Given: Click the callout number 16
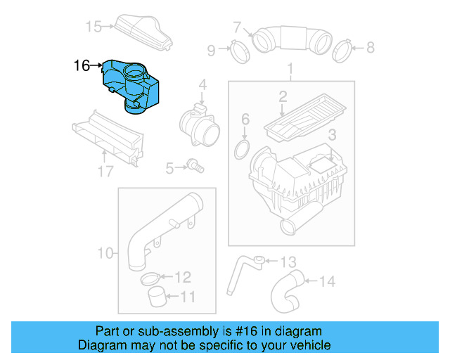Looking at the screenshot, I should pyautogui.click(x=82, y=66).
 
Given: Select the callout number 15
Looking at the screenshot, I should pyautogui.click(x=94, y=27).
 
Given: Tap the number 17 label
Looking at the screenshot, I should pyautogui.click(x=105, y=171).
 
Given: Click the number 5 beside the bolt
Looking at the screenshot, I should pyautogui.click(x=169, y=168).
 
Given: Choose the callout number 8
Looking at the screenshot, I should pyautogui.click(x=370, y=48).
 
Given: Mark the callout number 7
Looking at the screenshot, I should pyautogui.click(x=238, y=28).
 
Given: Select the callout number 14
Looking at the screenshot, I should pyautogui.click(x=328, y=282).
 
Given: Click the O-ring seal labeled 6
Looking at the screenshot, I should pyautogui.click(x=242, y=149).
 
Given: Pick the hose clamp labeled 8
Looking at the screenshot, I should pyautogui.click(x=342, y=49).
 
